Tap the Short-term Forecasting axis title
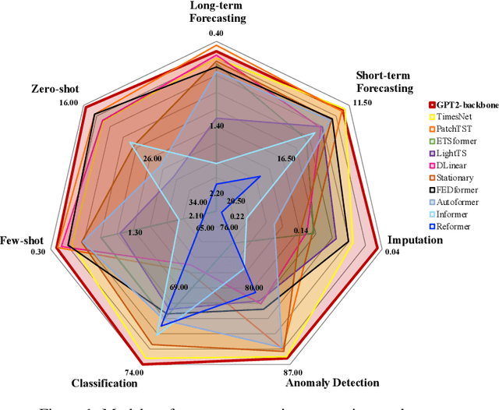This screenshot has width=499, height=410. pyautogui.click(x=384, y=82)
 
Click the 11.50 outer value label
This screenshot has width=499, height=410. pyautogui.click(x=364, y=102)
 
